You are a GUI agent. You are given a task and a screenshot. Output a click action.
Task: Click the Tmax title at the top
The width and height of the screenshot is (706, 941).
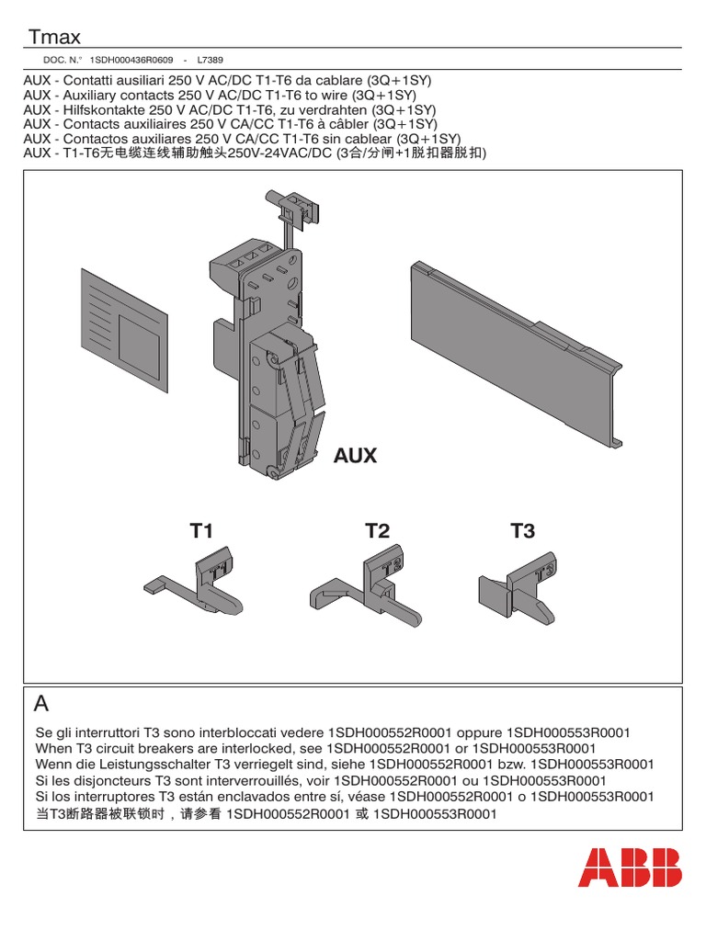[x=54, y=37]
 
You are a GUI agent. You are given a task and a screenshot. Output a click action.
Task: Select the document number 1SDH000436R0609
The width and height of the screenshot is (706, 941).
[x=131, y=60]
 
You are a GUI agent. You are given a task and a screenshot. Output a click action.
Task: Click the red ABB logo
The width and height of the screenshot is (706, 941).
[x=630, y=867]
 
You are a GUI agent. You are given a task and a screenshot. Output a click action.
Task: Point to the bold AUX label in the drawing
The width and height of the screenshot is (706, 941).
[x=355, y=456]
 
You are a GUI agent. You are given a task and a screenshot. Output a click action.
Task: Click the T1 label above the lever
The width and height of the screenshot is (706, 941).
[x=201, y=531]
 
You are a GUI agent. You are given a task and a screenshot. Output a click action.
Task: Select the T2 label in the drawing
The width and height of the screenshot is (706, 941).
[x=377, y=531]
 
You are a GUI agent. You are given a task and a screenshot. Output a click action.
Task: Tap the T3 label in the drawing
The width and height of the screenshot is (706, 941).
[x=522, y=531]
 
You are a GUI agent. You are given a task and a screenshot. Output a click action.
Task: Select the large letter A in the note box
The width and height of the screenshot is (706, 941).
[x=41, y=704]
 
